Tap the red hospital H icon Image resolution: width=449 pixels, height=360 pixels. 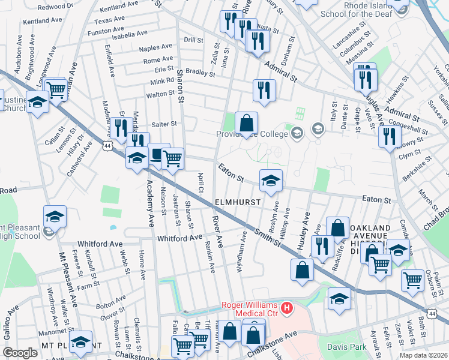(287, 309)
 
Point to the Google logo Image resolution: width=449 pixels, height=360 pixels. (20, 353)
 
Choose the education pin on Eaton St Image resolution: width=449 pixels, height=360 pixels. (271, 181)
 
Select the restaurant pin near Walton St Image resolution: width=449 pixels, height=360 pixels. (264, 91)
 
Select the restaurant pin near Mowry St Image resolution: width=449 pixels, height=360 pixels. (390, 137)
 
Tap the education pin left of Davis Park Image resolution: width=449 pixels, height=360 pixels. (339, 299)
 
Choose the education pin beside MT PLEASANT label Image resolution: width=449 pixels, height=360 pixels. (80, 342)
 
